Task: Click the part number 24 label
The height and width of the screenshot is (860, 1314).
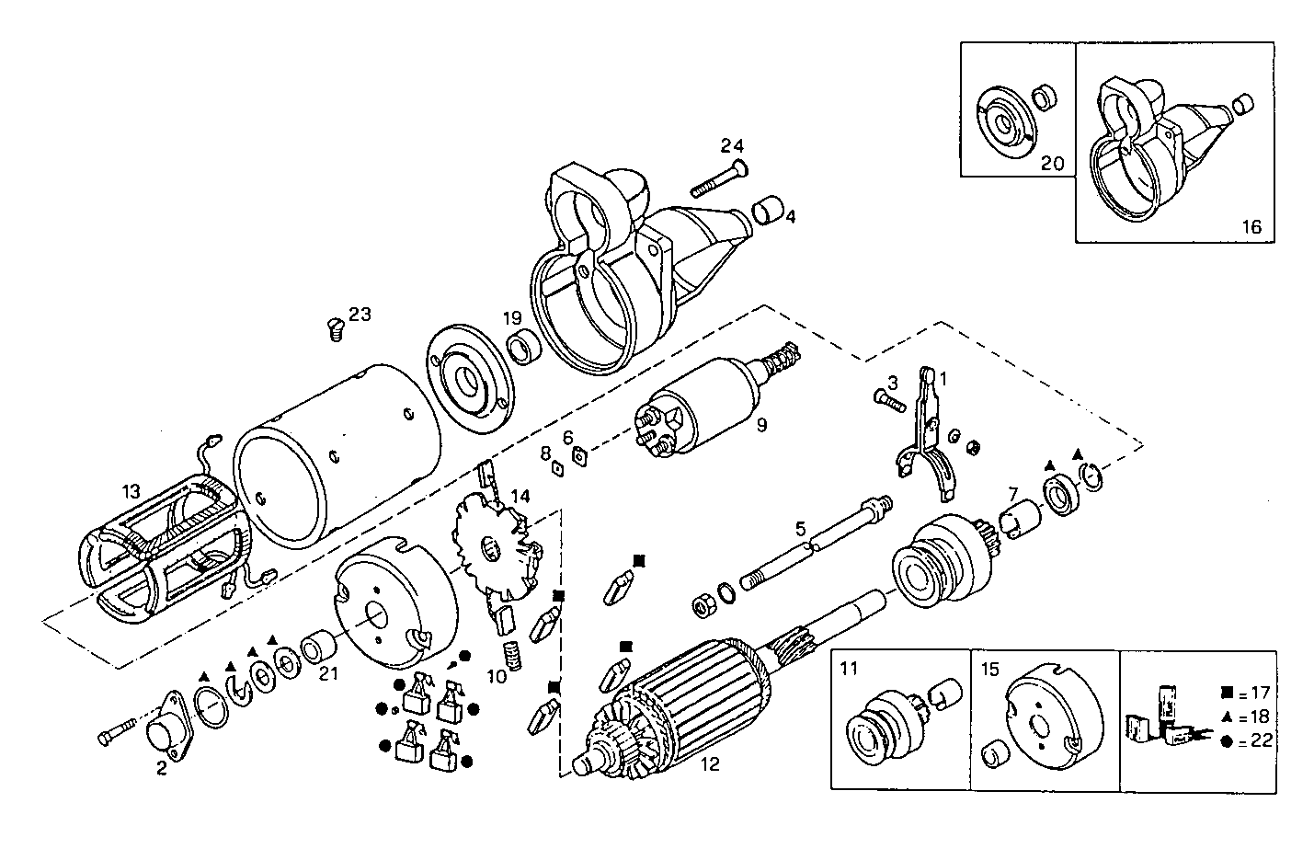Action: [732, 145]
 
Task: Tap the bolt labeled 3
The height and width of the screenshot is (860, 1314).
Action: [885, 399]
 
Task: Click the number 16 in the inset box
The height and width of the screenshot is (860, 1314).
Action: [1251, 227]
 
